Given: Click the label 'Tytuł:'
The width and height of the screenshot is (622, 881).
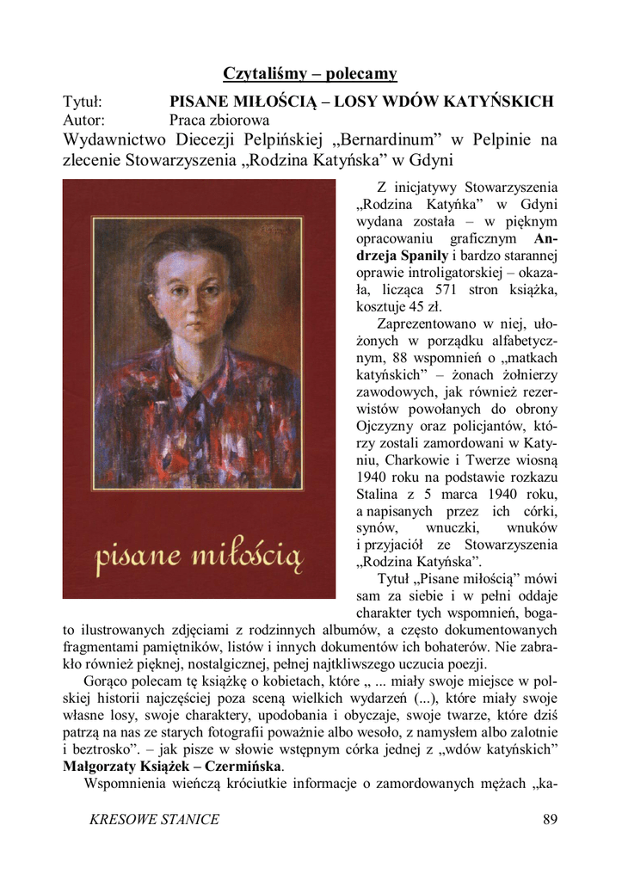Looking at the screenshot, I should (83, 102).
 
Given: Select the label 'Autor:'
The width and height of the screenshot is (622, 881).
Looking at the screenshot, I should (84, 120).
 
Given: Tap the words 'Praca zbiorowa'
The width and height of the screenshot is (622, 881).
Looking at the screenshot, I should (219, 120).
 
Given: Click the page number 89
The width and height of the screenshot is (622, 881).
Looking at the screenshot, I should (551, 819).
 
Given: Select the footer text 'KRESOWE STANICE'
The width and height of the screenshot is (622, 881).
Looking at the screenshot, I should (154, 819).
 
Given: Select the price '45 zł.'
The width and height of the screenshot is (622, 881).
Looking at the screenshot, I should (424, 305).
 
